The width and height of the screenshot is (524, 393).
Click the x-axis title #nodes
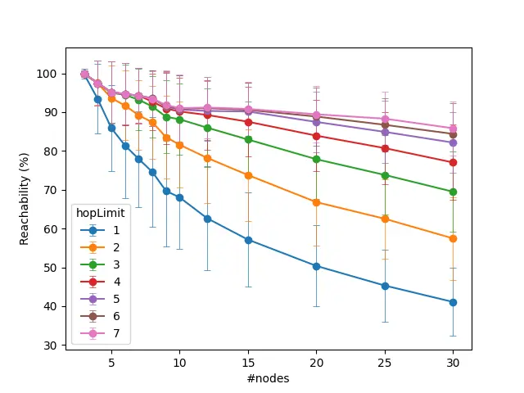coord(268,378)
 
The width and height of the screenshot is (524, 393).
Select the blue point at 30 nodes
coord(453,302)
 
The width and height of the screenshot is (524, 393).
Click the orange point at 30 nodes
coord(453,238)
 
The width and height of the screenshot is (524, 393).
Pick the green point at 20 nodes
coord(316,159)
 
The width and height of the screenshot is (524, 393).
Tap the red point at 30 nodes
coord(453,162)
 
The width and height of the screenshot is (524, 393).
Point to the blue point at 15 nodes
coord(248,240)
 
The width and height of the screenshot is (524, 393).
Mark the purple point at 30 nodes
coord(453,142)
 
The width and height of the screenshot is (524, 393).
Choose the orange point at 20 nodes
coord(316,202)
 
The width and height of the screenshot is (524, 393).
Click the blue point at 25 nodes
coord(385,286)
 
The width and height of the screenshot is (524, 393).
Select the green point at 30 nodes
coord(453,192)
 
